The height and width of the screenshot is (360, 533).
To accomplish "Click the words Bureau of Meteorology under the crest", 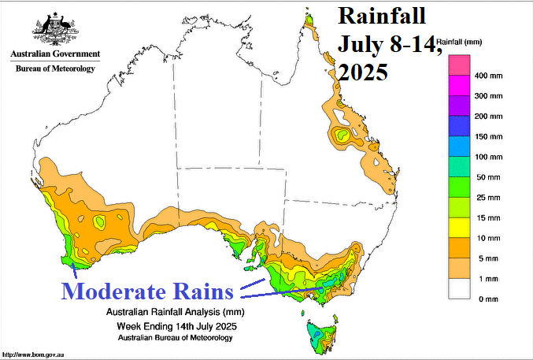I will coord(55,69).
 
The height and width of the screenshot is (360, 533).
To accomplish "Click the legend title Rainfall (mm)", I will coord(465,40).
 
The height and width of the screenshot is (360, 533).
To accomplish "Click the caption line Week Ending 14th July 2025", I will coord(176,325).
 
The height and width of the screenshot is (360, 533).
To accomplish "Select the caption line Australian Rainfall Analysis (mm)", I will coord(176,313).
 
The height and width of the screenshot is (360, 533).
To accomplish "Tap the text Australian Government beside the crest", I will coord(55,54).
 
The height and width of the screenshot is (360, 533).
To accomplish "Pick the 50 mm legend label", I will coord(487,177).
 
